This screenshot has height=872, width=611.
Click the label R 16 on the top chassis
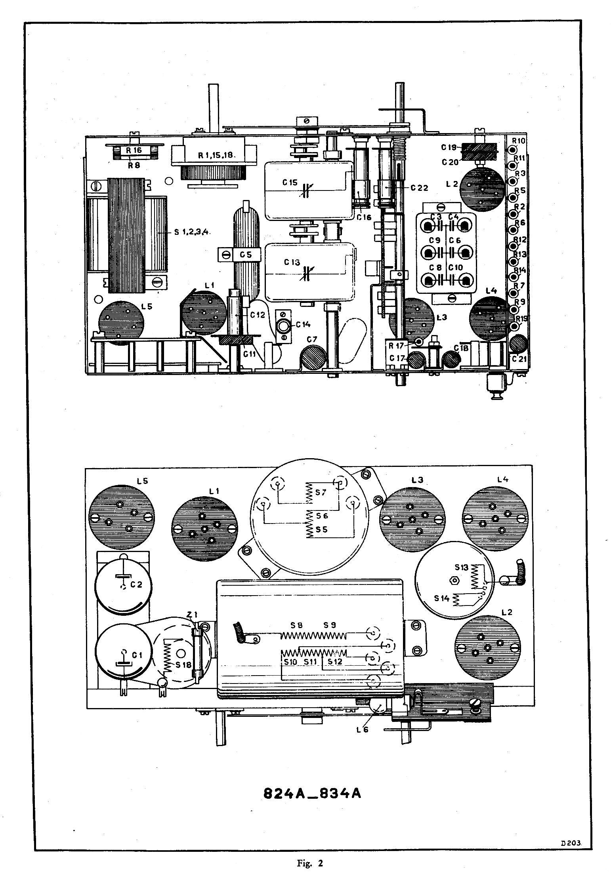(134, 150)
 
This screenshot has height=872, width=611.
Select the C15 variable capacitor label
(290, 183)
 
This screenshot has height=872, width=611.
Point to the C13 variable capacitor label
(292, 262)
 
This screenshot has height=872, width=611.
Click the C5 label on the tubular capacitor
(246, 255)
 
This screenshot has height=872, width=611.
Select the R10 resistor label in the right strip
(518, 141)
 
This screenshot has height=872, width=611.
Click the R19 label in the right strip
(520, 318)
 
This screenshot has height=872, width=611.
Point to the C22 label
(419, 188)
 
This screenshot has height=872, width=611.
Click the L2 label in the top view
(451, 183)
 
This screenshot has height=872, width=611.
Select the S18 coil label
(183, 664)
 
